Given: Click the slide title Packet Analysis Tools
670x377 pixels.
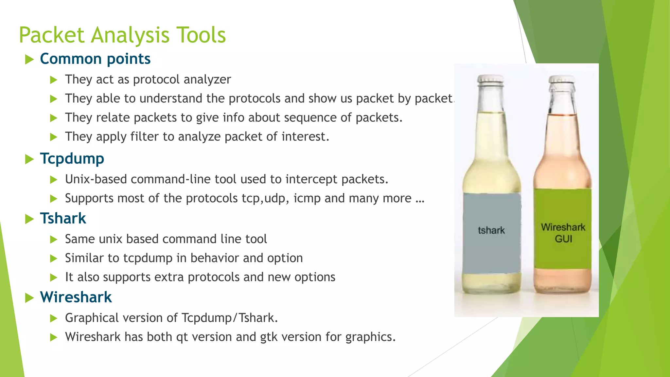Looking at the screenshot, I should [x=122, y=35].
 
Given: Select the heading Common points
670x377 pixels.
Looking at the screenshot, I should [x=95, y=59].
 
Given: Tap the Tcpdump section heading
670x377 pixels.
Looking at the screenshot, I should [x=72, y=159].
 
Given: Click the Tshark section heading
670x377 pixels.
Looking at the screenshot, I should [x=63, y=218].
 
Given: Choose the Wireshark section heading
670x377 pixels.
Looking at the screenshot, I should [x=76, y=297].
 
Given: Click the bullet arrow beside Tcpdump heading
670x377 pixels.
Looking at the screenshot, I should [x=29, y=159].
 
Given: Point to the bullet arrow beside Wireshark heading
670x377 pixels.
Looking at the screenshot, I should [x=29, y=298].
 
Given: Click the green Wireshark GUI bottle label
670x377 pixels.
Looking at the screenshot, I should [x=563, y=229].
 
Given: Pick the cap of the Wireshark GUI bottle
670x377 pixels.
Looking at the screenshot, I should [x=561, y=79].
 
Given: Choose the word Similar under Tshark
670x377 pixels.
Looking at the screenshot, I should [x=86, y=258].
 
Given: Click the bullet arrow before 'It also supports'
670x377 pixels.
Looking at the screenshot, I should [x=54, y=278].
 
